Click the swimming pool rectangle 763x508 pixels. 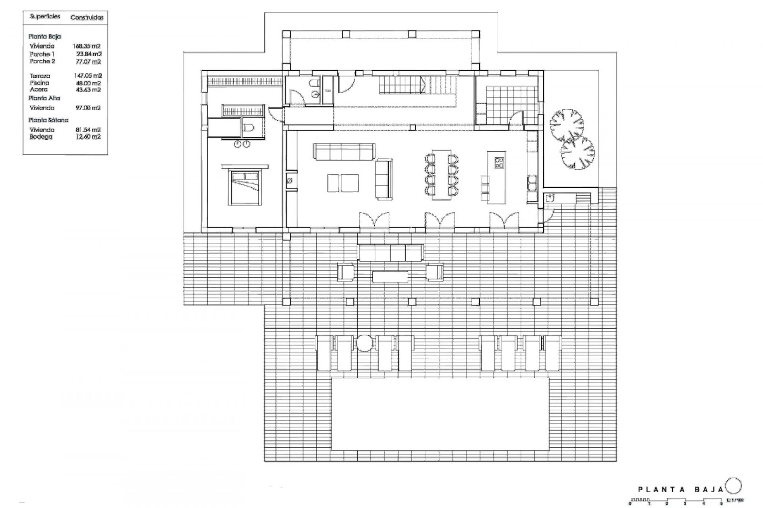pos(440,414)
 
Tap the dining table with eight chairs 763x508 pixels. pos(441,175)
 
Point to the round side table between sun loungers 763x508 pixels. pos(364,343)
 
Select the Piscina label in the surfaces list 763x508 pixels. pos(39,83)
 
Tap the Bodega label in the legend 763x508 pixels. pos(41,137)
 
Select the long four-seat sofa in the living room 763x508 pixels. pos(344,152)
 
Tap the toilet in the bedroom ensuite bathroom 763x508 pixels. pos(249,128)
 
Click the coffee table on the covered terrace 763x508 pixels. pos(390,276)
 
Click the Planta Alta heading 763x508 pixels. pos(44,98)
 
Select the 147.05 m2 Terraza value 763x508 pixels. pos(88,75)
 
